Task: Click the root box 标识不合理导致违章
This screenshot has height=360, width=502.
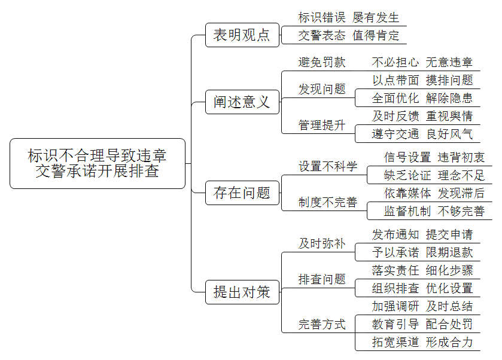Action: click(98, 163)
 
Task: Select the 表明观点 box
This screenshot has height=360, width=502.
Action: click(242, 35)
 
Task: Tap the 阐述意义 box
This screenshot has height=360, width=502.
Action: click(242, 102)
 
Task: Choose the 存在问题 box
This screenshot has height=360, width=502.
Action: click(242, 193)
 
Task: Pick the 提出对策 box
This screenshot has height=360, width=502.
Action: click(242, 292)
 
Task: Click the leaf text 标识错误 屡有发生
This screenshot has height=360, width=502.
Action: click(349, 17)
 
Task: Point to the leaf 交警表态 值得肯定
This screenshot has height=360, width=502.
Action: click(349, 35)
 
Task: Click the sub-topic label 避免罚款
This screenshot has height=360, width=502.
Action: click(322, 62)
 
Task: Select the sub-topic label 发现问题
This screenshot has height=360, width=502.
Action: click(322, 89)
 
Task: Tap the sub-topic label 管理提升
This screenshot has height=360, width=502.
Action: click(322, 125)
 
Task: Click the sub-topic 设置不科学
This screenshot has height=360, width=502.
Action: click(328, 166)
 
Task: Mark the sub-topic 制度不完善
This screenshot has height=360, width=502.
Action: click(328, 202)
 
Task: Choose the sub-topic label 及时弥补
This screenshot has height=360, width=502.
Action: click(322, 243)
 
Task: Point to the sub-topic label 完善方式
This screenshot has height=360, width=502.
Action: click(322, 324)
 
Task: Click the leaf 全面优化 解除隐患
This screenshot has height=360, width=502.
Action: click(422, 98)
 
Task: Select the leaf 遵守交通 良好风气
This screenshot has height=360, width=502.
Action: click(422, 134)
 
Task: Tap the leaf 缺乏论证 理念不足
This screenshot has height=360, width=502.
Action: click(434, 175)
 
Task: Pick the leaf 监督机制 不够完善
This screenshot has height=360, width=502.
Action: click(434, 211)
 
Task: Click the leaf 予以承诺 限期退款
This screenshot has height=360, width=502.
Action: click(422, 252)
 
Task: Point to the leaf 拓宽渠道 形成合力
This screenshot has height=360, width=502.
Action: click(422, 342)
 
